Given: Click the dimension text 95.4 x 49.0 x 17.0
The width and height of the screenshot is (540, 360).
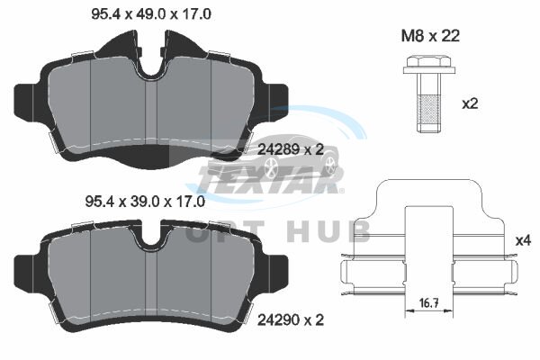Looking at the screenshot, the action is click(151, 14).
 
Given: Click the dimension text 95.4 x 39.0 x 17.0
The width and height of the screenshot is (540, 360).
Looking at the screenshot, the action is click(145, 202).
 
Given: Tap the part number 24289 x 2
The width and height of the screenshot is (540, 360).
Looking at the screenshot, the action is click(291, 149).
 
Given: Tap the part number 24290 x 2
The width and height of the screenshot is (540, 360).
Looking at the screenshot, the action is click(291, 320).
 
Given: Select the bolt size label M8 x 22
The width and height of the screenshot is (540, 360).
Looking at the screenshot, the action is click(430, 36).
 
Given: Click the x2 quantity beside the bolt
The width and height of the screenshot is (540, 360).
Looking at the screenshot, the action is click(470, 103).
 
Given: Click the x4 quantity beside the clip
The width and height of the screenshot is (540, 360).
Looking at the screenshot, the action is click(523, 240).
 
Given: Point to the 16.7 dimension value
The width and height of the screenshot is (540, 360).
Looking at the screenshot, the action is click(428, 303).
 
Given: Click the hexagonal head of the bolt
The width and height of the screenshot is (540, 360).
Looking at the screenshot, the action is click(429, 62).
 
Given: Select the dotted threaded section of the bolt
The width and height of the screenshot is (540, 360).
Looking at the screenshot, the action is click(429, 110).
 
